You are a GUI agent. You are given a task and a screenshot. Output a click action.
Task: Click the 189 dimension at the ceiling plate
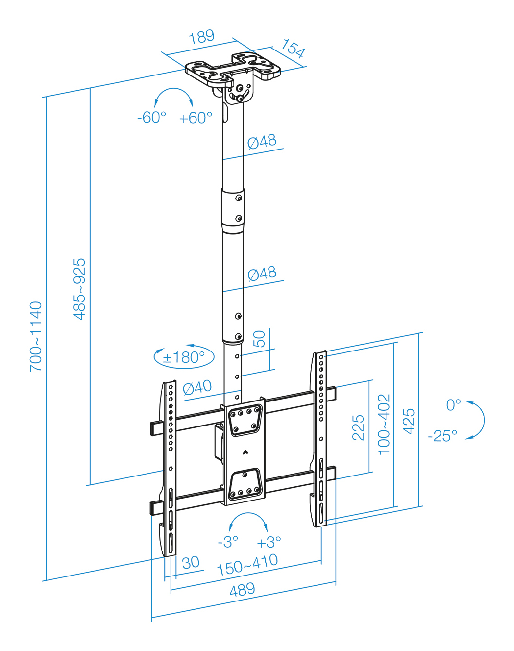[202, 37]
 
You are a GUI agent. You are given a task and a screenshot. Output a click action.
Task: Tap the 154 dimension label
[293, 49]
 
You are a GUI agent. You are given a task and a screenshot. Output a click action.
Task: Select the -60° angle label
[152, 117]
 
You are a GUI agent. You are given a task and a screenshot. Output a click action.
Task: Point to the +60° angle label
[196, 118]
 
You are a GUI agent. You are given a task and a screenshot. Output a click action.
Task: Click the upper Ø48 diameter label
[262, 142]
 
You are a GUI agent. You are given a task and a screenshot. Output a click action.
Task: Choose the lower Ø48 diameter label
[262, 274]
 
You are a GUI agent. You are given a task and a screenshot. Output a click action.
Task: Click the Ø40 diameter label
[197, 388]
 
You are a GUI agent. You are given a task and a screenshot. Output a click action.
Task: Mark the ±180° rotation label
[184, 357]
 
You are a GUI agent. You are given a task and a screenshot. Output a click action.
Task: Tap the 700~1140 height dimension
[36, 336]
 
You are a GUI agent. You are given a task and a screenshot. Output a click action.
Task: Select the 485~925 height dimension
[79, 289]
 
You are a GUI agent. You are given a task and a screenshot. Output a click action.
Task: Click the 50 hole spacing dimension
[259, 339]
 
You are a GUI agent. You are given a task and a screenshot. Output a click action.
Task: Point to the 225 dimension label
[358, 427]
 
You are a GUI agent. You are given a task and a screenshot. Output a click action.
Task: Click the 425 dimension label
[409, 422]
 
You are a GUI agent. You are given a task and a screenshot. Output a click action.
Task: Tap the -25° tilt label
[442, 436]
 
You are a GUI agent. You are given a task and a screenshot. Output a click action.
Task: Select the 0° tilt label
[454, 405]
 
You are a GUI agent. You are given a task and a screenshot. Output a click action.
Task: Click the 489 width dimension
[242, 590]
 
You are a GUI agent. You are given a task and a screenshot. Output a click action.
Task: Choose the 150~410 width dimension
[247, 565]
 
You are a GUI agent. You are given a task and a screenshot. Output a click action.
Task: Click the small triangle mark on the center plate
[245, 452]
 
